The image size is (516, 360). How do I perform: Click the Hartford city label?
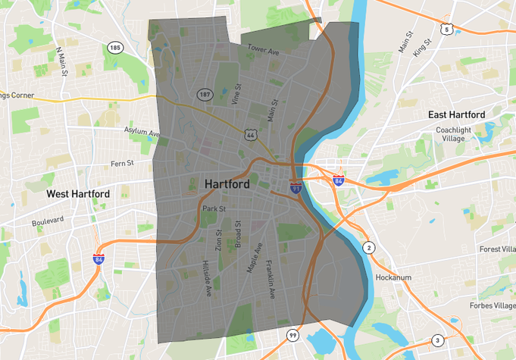(228, 184)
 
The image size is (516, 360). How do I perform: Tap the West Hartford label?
(78, 194)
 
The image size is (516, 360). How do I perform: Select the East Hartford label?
(456, 114)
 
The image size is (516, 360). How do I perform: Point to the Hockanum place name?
(393, 277)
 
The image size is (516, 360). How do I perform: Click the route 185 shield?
(114, 48)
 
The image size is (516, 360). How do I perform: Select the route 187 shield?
(205, 95)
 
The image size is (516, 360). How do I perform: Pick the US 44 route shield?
(251, 134)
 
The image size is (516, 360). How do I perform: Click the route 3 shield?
(437, 340)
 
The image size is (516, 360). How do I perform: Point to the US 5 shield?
(447, 30)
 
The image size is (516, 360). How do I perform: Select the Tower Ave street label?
(263, 50)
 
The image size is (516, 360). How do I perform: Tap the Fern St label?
(122, 163)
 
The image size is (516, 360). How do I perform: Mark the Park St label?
(214, 208)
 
